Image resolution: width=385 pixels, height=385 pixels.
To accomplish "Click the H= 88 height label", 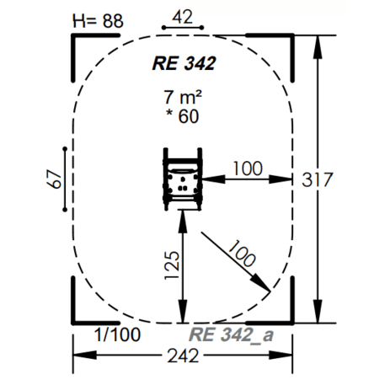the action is click(98, 21).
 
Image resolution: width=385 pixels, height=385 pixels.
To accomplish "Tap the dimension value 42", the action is click(183, 17).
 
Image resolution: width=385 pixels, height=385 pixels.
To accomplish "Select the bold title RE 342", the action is click(184, 63).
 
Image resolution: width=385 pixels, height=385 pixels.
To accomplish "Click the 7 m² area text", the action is click(183, 97).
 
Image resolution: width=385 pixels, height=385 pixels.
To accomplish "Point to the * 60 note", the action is click(183, 116).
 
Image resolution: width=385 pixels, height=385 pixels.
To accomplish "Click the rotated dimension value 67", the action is click(54, 179).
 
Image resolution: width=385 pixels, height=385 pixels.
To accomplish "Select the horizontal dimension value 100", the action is click(248, 168).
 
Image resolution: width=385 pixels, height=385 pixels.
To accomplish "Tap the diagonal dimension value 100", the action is click(242, 253).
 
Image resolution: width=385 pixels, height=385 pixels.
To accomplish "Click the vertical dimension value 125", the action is click(172, 265).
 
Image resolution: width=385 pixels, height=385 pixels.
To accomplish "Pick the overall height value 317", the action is click(318, 179).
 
